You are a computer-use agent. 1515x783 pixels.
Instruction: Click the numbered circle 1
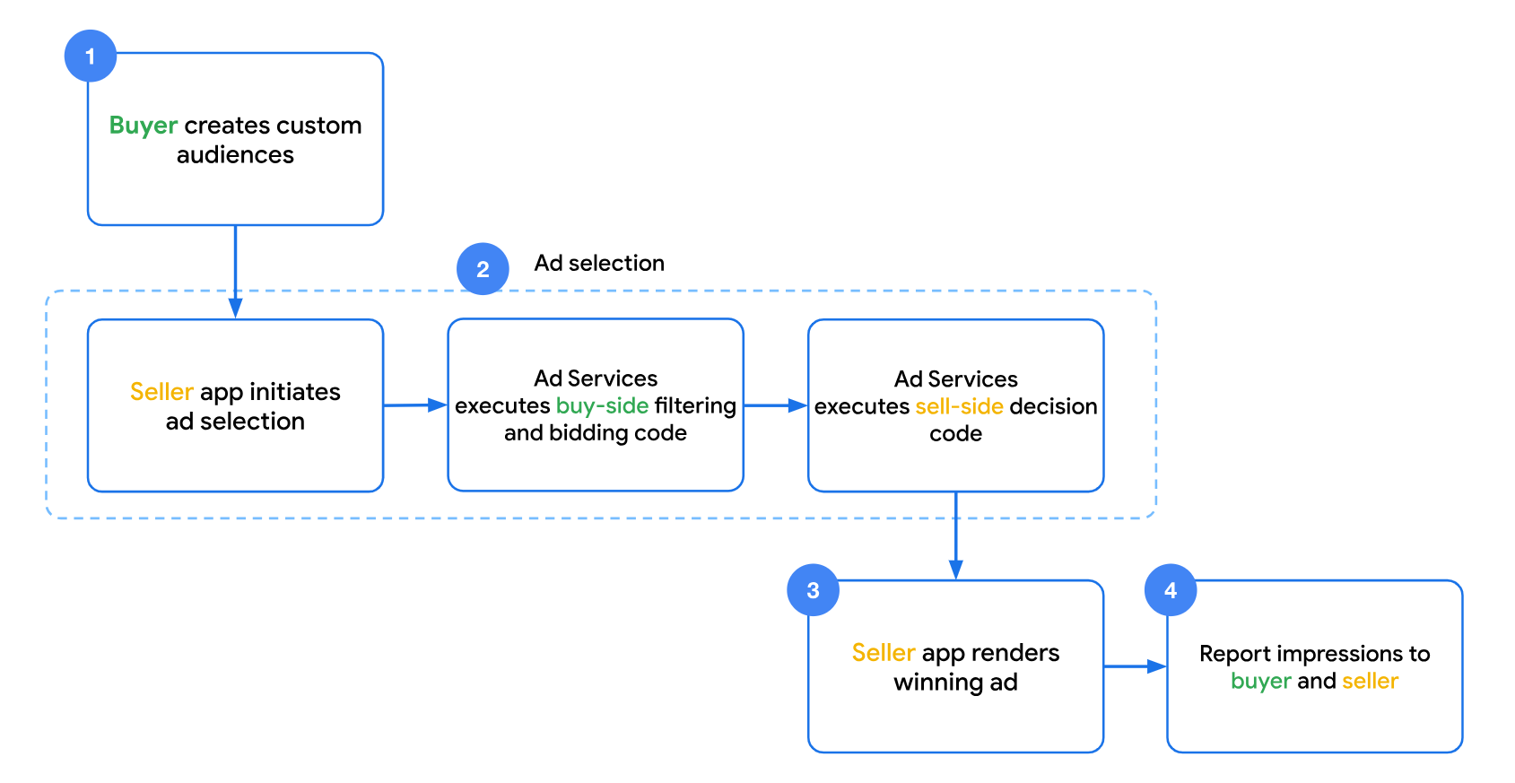coord(90,57)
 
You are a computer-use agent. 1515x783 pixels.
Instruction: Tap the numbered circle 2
coord(483,269)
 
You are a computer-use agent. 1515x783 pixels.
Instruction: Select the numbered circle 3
coord(813,590)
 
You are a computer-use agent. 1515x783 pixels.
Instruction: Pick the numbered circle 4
coord(1171,590)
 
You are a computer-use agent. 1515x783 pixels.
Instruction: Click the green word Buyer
coord(143,126)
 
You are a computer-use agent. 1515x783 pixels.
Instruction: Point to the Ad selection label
coord(599,263)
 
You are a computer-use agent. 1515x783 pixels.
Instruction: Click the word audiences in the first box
coord(235,155)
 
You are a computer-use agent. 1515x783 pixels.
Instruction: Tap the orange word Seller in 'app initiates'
coord(161,392)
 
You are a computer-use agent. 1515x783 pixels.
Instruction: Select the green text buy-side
coord(602,405)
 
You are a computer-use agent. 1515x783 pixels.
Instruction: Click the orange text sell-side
coord(959,406)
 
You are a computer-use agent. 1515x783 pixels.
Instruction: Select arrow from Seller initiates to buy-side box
coord(415,405)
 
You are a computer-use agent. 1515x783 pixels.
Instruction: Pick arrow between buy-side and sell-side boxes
coord(776,405)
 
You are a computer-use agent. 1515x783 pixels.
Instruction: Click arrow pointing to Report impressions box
coord(1135,666)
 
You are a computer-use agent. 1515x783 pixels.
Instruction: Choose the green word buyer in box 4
coord(1260,681)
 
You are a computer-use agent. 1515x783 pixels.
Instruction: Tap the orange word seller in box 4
coord(1370,681)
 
